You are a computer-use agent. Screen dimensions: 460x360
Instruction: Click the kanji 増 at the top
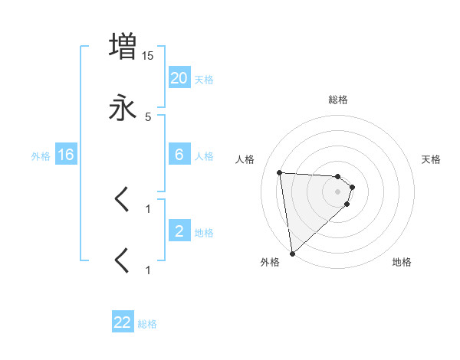tap(123, 47)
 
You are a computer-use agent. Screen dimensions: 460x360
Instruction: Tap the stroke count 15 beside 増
tap(148, 56)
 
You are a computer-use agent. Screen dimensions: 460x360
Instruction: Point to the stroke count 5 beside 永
tap(148, 116)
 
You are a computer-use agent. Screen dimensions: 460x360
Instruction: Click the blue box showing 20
tap(179, 78)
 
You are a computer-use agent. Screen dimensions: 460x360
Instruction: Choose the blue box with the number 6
tap(179, 155)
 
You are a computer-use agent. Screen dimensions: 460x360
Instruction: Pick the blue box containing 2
tap(179, 231)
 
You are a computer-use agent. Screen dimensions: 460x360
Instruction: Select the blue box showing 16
tap(66, 155)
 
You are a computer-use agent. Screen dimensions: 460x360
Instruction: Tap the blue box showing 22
tap(123, 322)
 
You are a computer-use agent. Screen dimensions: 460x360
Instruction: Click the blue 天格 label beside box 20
tap(204, 80)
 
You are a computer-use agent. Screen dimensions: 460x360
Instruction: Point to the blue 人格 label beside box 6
tap(204, 156)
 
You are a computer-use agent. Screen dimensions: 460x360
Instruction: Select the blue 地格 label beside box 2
tap(204, 233)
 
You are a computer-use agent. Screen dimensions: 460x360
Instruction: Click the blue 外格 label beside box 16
tap(41, 156)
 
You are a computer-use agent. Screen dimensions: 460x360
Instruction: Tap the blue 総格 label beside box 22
tap(147, 324)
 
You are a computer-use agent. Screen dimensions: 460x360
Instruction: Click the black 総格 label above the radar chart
tap(338, 100)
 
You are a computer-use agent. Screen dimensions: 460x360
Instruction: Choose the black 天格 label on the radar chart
tap(432, 159)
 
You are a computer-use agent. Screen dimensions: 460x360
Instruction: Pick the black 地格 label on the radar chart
tap(402, 263)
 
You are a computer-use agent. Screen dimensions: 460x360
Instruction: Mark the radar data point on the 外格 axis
tap(291, 253)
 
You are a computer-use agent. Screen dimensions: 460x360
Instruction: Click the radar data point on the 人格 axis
tap(280, 172)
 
